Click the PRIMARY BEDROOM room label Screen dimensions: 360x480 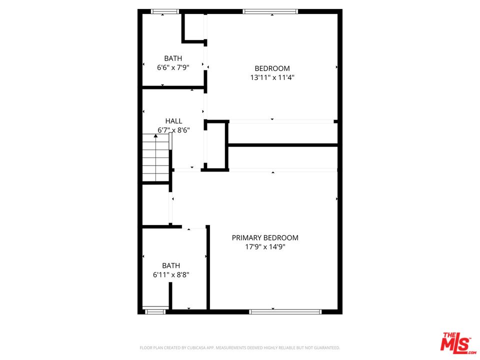pyautogui.click(x=265, y=238)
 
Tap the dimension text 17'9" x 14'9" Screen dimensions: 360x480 pyautogui.click(x=265, y=247)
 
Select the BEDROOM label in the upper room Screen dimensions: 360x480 pyautogui.click(x=272, y=68)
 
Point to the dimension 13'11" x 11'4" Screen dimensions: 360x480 pyautogui.click(x=272, y=77)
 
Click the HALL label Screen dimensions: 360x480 pyautogui.click(x=173, y=121)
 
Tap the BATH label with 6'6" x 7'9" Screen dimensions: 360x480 pyautogui.click(x=173, y=58)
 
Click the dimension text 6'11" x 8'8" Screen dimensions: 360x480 pyautogui.click(x=171, y=274)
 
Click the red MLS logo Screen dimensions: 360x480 pyautogui.click(x=456, y=343)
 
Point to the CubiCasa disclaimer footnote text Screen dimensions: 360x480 pyautogui.click(x=239, y=347)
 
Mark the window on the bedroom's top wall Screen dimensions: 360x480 pyautogui.click(x=270, y=11)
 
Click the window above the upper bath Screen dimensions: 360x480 pyautogui.click(x=165, y=11)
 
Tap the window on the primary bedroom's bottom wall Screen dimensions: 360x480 pyautogui.click(x=285, y=311)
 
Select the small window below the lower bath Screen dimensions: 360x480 pyautogui.click(x=155, y=311)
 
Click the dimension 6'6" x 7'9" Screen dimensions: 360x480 pyautogui.click(x=173, y=67)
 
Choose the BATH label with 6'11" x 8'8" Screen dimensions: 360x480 pyautogui.click(x=171, y=265)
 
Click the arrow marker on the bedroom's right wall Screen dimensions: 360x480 pyautogui.click(x=336, y=67)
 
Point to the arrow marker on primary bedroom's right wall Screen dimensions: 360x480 pyautogui.click(x=336, y=199)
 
